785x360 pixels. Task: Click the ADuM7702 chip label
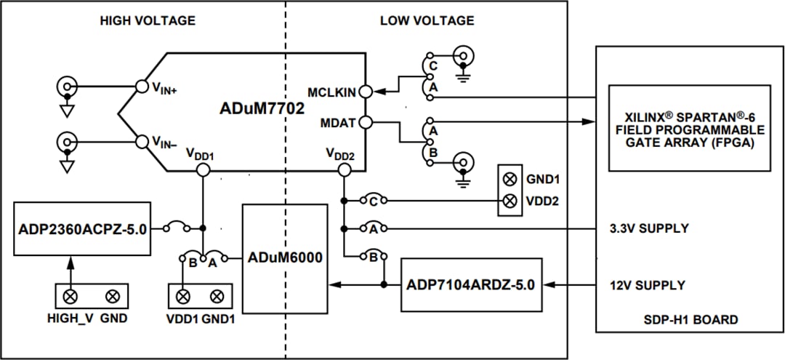pos(262,108)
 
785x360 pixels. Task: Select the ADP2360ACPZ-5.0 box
pos(82,228)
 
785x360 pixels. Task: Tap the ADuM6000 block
pos(284,257)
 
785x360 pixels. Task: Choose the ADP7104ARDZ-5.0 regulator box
pos(471,284)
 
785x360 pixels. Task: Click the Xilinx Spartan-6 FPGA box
pos(689,129)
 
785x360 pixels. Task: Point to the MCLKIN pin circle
pos(366,92)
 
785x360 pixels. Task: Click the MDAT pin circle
pos(366,122)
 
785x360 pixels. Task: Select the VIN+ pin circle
pos(142,87)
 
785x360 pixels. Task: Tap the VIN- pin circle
pos(142,140)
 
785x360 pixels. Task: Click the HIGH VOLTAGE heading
pos(148,21)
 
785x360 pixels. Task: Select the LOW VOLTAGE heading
pos(427,21)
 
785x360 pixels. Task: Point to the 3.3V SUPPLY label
pos(649,228)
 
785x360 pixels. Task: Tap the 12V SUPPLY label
pos(646,284)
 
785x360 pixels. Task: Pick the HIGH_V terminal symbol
pos(71,296)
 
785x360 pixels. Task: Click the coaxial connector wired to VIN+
pos(67,87)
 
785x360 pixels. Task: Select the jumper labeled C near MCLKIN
pos(432,65)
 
